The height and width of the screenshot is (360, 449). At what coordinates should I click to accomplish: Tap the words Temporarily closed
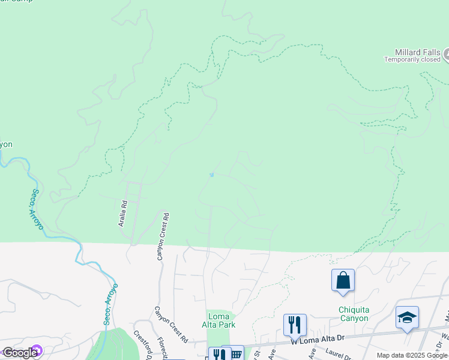[x=412, y=60]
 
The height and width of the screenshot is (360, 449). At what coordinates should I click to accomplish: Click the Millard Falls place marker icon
[x=446, y=55]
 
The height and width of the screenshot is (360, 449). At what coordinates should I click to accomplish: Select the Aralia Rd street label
[x=124, y=213]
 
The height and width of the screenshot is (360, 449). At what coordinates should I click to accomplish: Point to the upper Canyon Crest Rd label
[x=163, y=236]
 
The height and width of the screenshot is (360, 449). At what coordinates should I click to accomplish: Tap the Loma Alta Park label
[x=221, y=320]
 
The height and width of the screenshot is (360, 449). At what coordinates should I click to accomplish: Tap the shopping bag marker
[x=343, y=281]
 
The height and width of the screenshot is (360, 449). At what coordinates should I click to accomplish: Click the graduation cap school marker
[x=407, y=318]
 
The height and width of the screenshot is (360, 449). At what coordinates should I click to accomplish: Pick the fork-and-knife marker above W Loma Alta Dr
[x=295, y=326]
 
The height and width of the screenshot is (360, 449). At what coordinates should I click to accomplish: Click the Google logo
[x=20, y=353]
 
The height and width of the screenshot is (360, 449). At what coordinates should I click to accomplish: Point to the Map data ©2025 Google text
[x=412, y=355]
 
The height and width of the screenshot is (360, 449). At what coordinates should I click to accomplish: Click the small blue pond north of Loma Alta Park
[x=211, y=175]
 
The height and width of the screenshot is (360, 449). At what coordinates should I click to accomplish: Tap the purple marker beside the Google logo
[x=37, y=351]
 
